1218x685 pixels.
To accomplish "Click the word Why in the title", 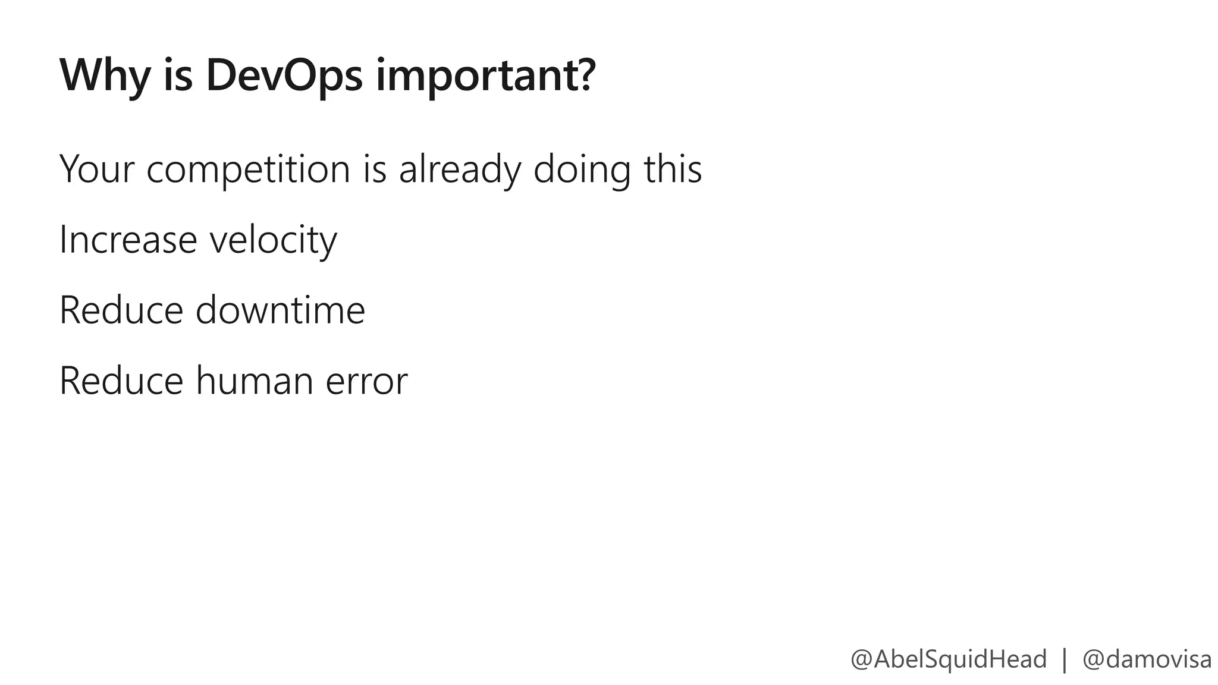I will tap(105, 76).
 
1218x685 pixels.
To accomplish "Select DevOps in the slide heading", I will tap(284, 76).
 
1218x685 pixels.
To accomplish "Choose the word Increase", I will tap(128, 240).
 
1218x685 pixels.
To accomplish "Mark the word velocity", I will tap(273, 241).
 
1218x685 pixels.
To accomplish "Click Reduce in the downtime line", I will tap(121, 310).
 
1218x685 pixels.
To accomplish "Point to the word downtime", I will tap(280, 310).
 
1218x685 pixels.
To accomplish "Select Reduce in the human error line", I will tap(121, 381).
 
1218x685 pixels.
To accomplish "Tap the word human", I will tap(255, 381).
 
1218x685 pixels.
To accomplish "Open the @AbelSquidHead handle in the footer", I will tap(948, 659).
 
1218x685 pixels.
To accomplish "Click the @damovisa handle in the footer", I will tap(1147, 659).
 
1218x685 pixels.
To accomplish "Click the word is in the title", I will tap(178, 76).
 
